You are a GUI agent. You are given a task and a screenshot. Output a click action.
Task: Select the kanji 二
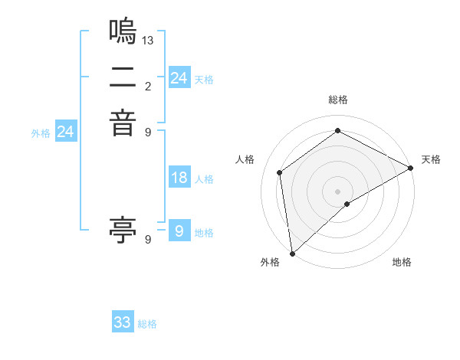tap(123, 77)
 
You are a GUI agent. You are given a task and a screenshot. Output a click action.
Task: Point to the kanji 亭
tap(123, 229)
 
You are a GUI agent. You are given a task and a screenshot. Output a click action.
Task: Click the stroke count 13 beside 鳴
tap(148, 40)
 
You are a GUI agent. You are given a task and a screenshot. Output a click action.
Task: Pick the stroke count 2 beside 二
tap(148, 85)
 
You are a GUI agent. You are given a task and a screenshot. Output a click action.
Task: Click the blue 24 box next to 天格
tap(179, 78)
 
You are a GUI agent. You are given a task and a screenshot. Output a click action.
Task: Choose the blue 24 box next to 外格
tap(66, 132)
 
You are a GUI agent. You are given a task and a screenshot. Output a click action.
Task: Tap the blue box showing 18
tap(179, 178)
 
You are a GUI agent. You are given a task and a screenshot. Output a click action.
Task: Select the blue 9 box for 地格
tap(179, 231)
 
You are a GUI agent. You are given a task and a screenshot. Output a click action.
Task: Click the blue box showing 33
tap(123, 322)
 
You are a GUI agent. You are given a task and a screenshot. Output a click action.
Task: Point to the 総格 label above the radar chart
tap(337, 100)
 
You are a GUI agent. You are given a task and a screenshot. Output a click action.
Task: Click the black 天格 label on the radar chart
tap(431, 159)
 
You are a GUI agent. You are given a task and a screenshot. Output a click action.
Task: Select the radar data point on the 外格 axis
tap(292, 253)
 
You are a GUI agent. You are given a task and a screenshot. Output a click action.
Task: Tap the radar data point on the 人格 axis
tap(280, 172)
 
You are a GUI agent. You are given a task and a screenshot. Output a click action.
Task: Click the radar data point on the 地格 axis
tap(347, 204)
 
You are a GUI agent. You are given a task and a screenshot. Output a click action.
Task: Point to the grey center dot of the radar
tap(337, 191)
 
